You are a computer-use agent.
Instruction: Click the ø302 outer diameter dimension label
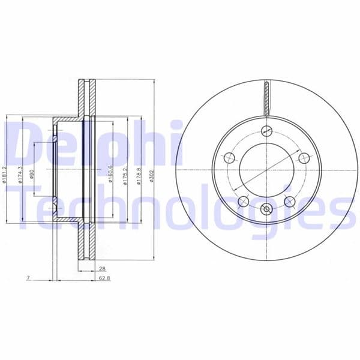[x=152, y=178]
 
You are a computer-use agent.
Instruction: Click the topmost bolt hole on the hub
[x=267, y=132]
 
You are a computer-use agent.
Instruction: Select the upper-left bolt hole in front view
[x=229, y=158]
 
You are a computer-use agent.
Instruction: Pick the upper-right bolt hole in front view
[x=304, y=158]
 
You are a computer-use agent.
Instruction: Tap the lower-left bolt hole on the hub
[x=243, y=201]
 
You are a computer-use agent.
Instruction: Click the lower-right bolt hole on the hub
[x=290, y=201]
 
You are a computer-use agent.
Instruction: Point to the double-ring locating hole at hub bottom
[x=267, y=210]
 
